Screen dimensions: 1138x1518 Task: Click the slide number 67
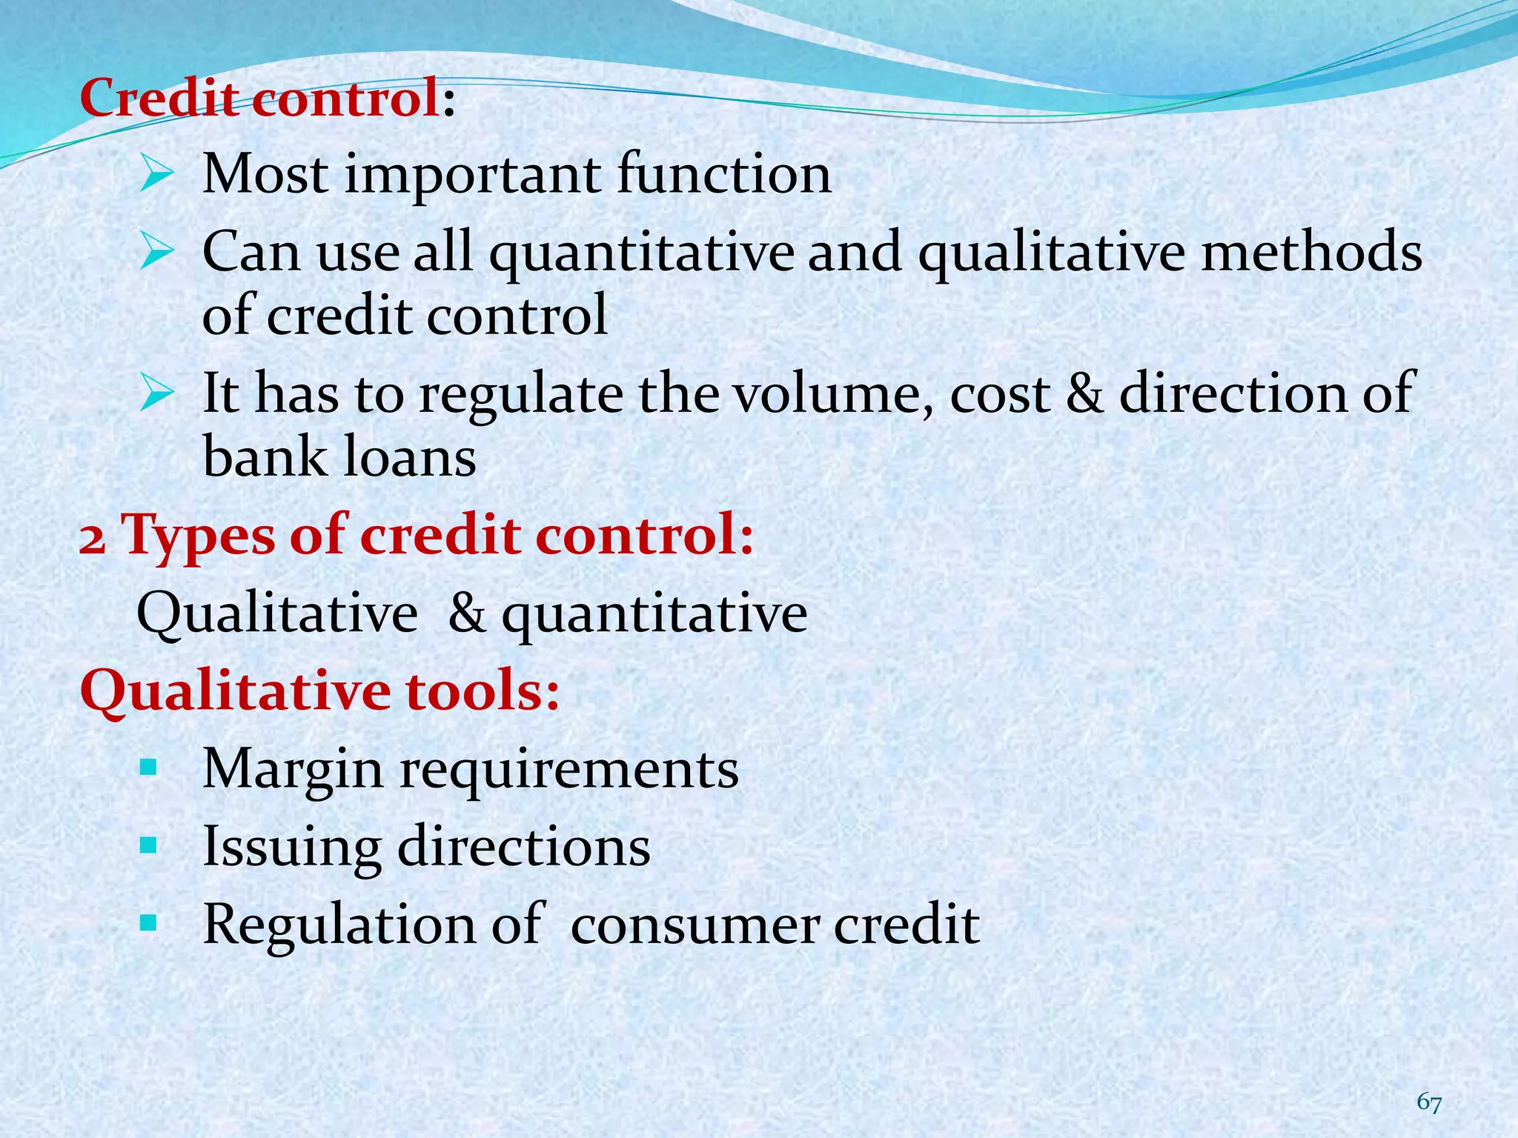pos(1429,1102)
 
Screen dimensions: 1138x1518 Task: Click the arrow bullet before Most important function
pos(156,176)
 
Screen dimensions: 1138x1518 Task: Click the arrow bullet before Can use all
pos(156,253)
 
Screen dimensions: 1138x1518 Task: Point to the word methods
pos(1311,252)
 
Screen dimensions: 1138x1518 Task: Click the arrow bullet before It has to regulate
pos(156,395)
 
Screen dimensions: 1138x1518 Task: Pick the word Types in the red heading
pos(197,536)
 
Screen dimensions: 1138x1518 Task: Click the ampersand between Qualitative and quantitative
pos(467,613)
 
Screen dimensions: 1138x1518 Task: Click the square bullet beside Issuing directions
pos(148,845)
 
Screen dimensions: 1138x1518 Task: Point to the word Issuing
pos(291,848)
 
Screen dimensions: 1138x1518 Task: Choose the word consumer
pos(695,925)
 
